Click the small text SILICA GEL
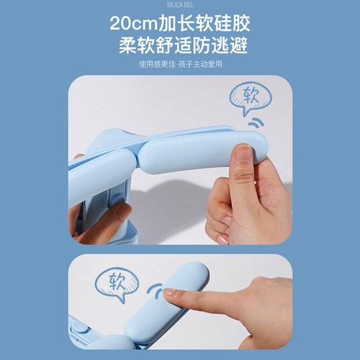(x=180, y=5)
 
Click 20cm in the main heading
(x=133, y=23)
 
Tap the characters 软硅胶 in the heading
(x=222, y=23)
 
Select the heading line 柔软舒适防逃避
(x=183, y=45)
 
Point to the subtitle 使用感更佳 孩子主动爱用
(x=181, y=64)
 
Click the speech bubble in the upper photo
(x=250, y=98)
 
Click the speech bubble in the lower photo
(x=117, y=283)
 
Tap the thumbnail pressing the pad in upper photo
(x=243, y=153)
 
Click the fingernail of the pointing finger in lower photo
(x=169, y=292)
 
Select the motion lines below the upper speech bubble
(x=256, y=122)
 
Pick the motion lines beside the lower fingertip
(x=156, y=290)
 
